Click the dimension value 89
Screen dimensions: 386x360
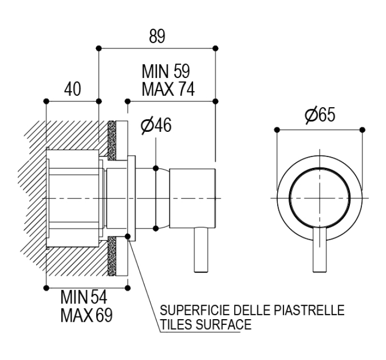tap(157, 37)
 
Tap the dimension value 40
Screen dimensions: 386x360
tap(72, 89)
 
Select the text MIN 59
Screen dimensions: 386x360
tap(166, 71)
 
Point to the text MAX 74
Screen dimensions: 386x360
tap(168, 89)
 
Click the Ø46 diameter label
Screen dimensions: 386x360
tap(156, 126)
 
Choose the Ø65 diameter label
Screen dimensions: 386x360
tap(320, 115)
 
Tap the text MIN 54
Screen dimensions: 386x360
tap(84, 297)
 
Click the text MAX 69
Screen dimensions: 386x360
tap(86, 315)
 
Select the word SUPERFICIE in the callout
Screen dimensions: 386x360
tap(195, 310)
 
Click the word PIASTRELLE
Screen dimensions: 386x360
tap(309, 310)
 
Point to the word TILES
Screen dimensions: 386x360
tap(176, 324)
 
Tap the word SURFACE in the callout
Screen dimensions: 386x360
tap(223, 324)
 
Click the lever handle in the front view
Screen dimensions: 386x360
tap(320, 250)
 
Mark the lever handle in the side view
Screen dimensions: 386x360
tap(201, 250)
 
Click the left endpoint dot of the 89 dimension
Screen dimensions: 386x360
tap(99, 48)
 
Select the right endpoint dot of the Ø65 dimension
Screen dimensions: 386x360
tap(362, 130)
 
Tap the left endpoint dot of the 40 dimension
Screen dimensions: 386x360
tap(46, 101)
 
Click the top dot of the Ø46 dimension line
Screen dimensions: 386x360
tap(155, 168)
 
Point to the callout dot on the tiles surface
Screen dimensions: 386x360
tap(128, 237)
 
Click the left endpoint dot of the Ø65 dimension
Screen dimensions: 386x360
tap(277, 130)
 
